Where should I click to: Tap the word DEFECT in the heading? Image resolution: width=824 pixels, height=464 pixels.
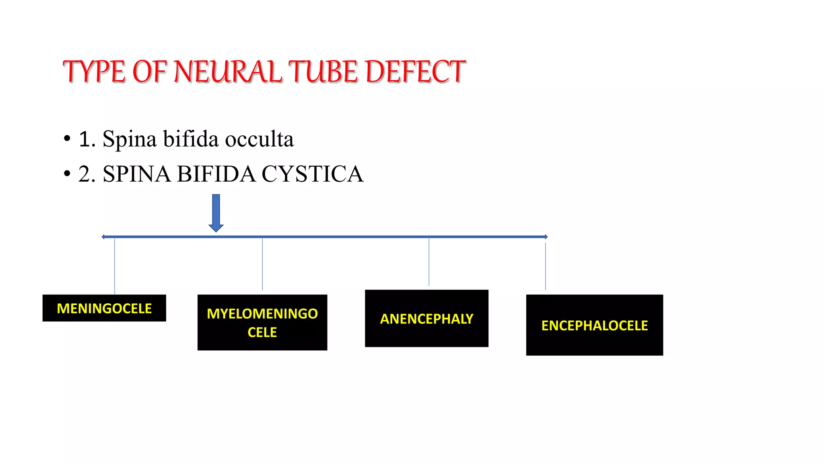(x=416, y=72)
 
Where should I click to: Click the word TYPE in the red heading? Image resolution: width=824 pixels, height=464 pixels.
(x=94, y=72)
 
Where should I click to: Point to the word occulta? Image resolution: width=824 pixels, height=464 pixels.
(x=259, y=139)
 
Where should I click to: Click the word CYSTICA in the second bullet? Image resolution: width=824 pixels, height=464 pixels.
(x=312, y=174)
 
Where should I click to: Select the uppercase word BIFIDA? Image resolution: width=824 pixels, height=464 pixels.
(x=216, y=174)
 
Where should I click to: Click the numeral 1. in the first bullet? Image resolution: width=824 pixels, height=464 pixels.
(x=87, y=139)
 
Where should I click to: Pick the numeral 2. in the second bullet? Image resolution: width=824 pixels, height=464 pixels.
(x=87, y=174)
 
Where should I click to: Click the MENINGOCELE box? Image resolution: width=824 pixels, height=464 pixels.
(x=104, y=308)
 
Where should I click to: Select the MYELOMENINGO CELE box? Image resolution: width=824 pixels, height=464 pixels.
(x=262, y=323)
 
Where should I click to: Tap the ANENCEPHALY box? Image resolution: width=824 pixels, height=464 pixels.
(x=426, y=319)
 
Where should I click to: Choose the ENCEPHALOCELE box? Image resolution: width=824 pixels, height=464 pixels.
(x=594, y=325)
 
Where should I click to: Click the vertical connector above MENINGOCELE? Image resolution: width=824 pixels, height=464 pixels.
(x=115, y=266)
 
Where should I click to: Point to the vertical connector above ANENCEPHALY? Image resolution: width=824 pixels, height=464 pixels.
(x=429, y=262)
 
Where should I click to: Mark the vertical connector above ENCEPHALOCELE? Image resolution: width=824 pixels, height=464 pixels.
(x=546, y=266)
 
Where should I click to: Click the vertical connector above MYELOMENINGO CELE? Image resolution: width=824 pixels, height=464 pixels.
(x=262, y=264)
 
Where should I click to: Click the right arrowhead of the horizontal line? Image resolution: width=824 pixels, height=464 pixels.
(x=546, y=237)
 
